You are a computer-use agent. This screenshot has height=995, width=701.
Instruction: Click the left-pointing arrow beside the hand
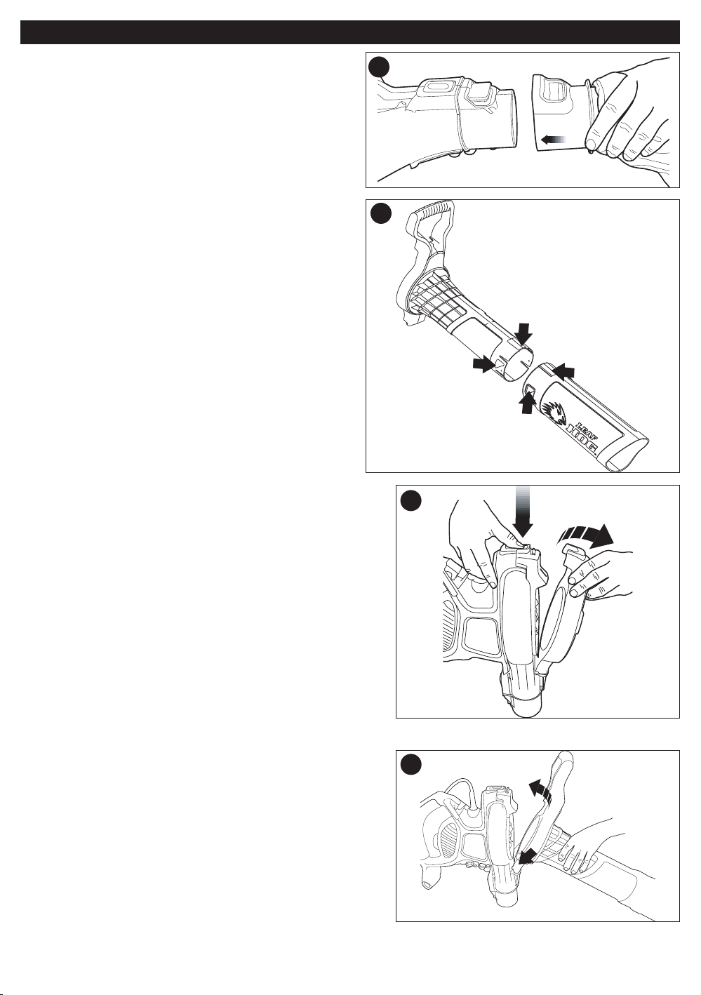(x=553, y=140)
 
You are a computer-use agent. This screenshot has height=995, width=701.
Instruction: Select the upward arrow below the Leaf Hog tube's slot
(x=527, y=403)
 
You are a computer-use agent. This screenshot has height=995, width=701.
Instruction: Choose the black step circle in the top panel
(x=380, y=68)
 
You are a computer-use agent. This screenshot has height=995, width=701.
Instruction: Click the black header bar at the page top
(x=350, y=32)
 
